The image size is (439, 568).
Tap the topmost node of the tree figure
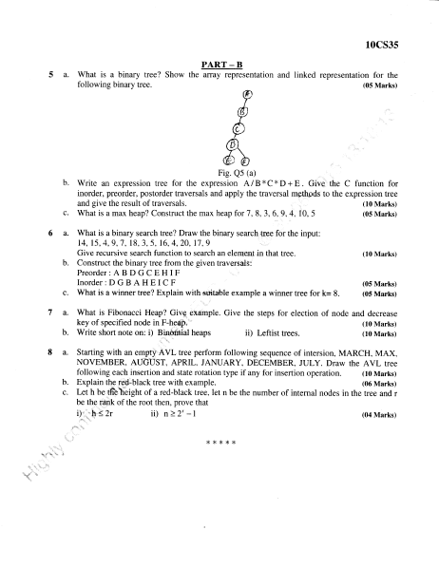click(x=247, y=96)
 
